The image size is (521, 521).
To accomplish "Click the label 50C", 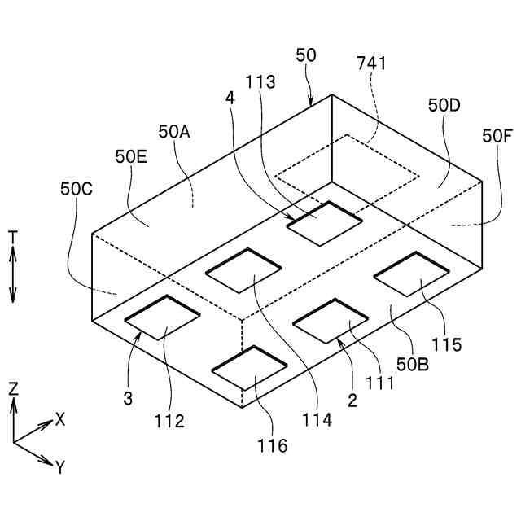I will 77,188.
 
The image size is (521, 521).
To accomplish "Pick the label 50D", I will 444,106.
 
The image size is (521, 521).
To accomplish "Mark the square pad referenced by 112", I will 162,317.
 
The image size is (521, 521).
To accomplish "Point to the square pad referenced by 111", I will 330,320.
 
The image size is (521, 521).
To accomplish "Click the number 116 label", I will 272,445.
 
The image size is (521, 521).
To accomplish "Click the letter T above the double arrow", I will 13,237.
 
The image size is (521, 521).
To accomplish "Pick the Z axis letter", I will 13,388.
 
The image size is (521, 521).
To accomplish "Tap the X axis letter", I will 59,418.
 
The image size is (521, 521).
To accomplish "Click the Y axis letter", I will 59,466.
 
